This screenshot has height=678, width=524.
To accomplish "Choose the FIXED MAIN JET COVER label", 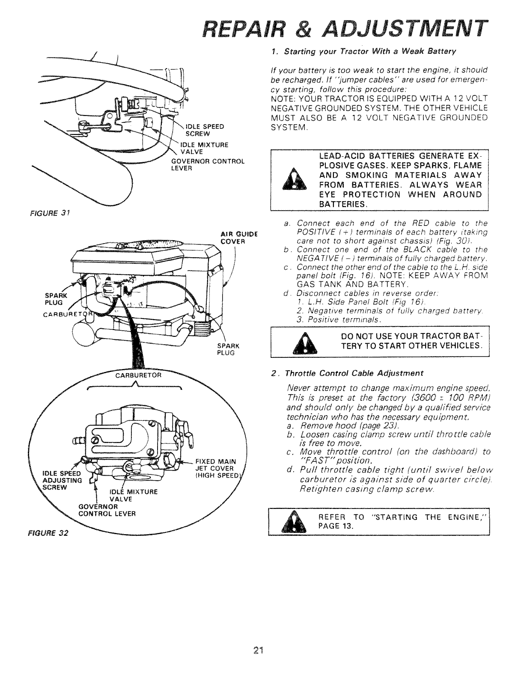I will coord(214,467).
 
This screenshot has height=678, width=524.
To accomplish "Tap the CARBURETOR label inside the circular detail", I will coord(138,376).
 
